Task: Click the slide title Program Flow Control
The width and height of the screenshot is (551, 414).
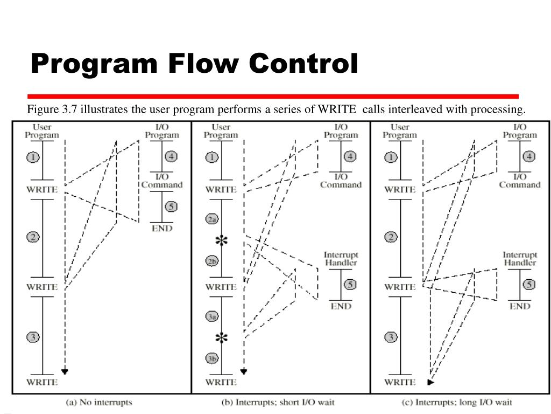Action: coord(194,64)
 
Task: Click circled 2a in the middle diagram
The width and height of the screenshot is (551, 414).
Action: coord(212,219)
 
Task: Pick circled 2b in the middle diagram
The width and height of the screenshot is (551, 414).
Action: coord(212,261)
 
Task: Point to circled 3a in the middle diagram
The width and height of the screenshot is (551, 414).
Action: coord(212,317)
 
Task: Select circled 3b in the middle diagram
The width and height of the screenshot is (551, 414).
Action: coord(212,358)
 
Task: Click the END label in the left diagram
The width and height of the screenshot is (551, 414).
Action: coord(162,228)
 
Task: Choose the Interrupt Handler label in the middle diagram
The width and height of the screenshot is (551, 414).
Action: coord(341,258)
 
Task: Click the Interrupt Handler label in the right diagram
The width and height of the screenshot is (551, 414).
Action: coord(519,258)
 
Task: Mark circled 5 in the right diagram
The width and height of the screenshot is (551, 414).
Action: coord(529,285)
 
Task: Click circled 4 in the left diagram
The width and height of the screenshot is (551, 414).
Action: coord(171,157)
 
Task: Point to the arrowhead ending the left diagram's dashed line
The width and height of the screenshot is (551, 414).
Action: coord(65,371)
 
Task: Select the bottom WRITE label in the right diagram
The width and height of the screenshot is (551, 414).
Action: coord(400,382)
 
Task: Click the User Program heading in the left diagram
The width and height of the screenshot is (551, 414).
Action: coord(42,131)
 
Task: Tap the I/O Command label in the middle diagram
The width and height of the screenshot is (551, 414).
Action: coord(341,181)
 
